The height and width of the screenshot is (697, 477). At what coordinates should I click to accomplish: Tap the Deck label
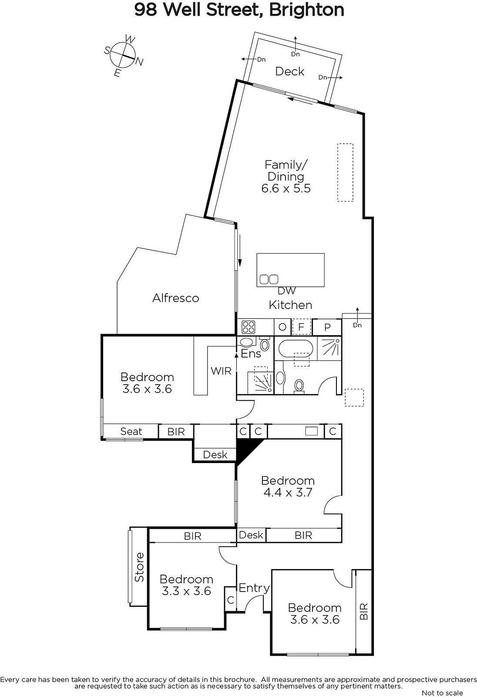coord(289,71)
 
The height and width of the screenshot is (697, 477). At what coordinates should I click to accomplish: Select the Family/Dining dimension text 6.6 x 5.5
coord(286,188)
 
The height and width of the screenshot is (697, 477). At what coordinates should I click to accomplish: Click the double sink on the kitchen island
coord(269,279)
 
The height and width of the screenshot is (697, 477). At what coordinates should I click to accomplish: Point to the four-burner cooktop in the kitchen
coord(249,327)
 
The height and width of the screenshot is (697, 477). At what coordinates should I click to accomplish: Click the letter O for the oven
coord(282,327)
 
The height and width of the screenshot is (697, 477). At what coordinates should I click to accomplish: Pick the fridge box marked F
coord(301,327)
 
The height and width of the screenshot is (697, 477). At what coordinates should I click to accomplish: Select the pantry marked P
coord(327,327)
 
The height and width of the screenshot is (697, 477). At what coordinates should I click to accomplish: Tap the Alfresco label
coord(176,298)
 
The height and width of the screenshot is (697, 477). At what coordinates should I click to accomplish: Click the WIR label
coord(221,371)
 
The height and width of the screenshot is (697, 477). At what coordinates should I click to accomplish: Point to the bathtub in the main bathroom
coord(296,348)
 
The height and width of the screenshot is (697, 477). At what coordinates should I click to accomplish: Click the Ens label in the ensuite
coord(251,354)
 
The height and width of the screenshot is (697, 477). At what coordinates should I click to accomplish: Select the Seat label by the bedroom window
coord(131,432)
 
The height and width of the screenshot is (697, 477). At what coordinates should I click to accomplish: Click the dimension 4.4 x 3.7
coord(288,493)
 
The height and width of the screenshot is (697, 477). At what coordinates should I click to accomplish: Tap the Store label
coord(139,567)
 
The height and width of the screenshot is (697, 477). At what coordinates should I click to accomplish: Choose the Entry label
coord(254,588)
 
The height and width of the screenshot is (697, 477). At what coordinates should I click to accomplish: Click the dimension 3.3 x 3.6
coord(186,591)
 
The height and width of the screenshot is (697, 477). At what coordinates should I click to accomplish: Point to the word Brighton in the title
coord(306,10)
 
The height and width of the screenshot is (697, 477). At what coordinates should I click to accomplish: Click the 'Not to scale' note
coord(442,693)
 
